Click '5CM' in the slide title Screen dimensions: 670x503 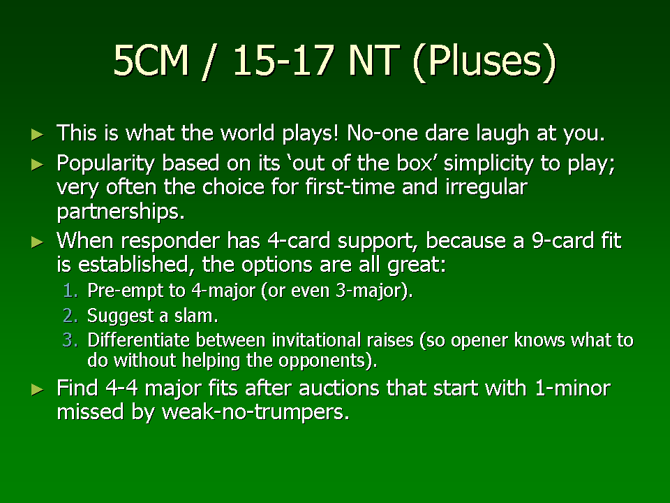[151, 60]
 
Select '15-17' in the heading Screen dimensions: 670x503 [283, 60]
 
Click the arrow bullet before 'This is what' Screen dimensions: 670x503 [38, 135]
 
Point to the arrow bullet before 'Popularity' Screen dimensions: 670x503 [38, 164]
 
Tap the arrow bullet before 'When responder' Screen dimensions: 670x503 [38, 242]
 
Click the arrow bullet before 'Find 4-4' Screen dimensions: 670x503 [38, 390]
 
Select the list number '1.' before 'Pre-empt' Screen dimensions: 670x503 [70, 291]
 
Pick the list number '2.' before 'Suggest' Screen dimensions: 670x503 [70, 316]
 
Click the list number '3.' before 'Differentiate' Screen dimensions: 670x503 [70, 340]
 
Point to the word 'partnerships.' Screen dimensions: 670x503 [121, 211]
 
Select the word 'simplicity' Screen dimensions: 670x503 [489, 163]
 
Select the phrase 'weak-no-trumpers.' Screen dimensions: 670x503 [255, 412]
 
